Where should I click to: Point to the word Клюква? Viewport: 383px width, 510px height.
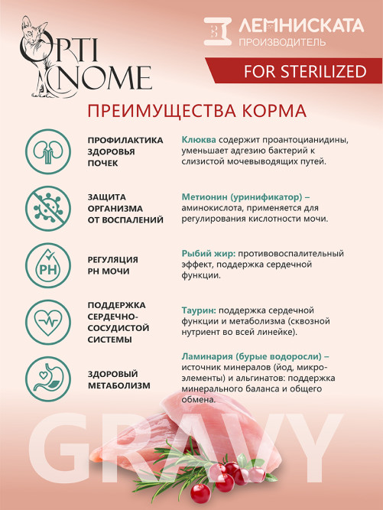click(x=199, y=140)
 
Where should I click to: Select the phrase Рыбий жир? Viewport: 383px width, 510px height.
click(x=208, y=253)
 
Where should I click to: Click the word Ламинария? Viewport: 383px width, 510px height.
click(x=209, y=356)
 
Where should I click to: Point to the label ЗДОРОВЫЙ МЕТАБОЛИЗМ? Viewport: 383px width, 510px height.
click(x=119, y=379)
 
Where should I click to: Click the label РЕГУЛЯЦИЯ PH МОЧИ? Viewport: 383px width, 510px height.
click(x=112, y=265)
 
